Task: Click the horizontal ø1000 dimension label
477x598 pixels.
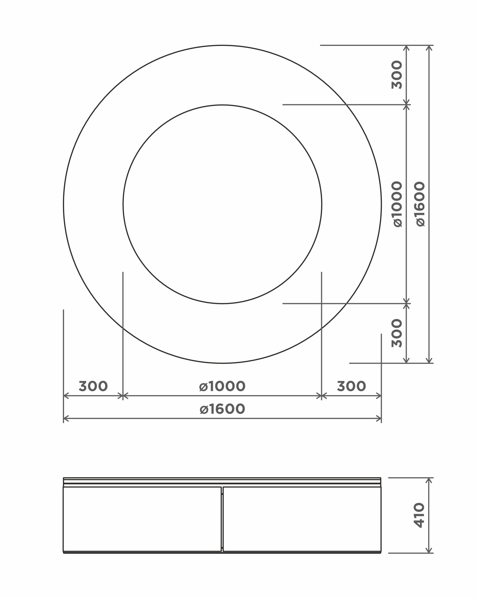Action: tap(222, 386)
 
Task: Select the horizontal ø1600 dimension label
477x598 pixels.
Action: tap(222, 409)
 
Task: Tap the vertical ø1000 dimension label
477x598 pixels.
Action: tap(398, 204)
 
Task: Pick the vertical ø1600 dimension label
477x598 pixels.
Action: tap(420, 204)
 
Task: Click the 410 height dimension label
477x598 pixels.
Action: tap(419, 515)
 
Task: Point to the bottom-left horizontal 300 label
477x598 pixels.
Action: tap(93, 386)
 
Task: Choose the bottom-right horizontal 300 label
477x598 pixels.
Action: tap(351, 386)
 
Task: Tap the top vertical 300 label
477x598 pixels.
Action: tap(397, 75)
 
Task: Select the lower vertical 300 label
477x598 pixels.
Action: tap(397, 333)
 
